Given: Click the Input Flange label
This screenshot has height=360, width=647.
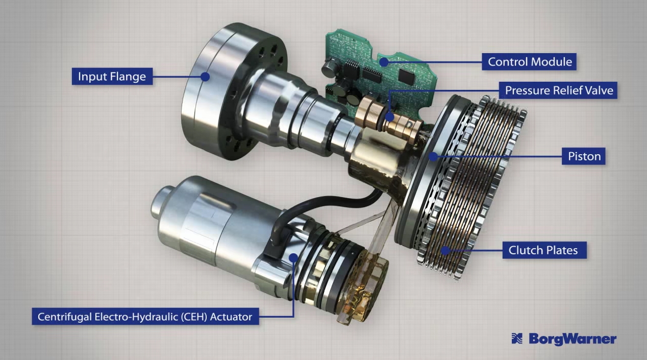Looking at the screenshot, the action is pos(112,76).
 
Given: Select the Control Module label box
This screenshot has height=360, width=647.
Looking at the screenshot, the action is pos(529,62).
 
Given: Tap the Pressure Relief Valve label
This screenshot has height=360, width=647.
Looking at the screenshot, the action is pos(558,90).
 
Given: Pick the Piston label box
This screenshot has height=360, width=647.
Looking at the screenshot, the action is pos(583,156).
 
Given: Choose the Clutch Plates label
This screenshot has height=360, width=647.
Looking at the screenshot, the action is pos(544,250).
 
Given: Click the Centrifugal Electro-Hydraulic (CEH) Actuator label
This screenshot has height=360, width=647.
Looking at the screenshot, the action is pos(145,317).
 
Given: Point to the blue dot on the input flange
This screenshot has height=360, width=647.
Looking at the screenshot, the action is pos(205,77).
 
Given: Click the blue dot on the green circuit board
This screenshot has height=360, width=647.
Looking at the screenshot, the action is pos(384,62).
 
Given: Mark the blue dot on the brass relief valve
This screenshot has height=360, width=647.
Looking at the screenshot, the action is pos(390,117).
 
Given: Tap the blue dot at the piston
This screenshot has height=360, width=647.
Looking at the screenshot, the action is pos(433,156).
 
